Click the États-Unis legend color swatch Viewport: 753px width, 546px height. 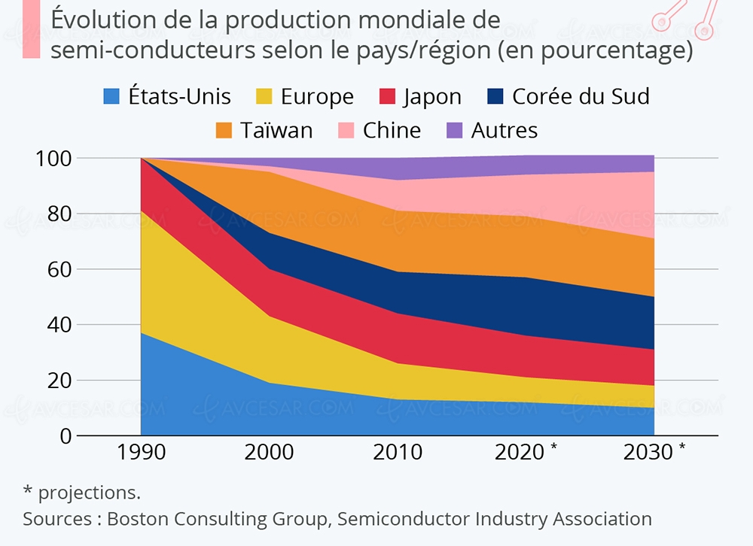pos(111,97)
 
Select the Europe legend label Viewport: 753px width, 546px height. pos(317,97)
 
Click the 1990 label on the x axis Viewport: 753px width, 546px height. pos(141,453)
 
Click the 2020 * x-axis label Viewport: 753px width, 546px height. pos(526,453)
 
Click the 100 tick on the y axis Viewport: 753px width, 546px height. pos(55,159)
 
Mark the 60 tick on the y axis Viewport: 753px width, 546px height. pos(59,269)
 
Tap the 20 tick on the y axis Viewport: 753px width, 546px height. pos(59,381)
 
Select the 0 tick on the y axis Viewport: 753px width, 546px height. pos(65,436)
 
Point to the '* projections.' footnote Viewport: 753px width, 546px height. pos(82,493)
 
